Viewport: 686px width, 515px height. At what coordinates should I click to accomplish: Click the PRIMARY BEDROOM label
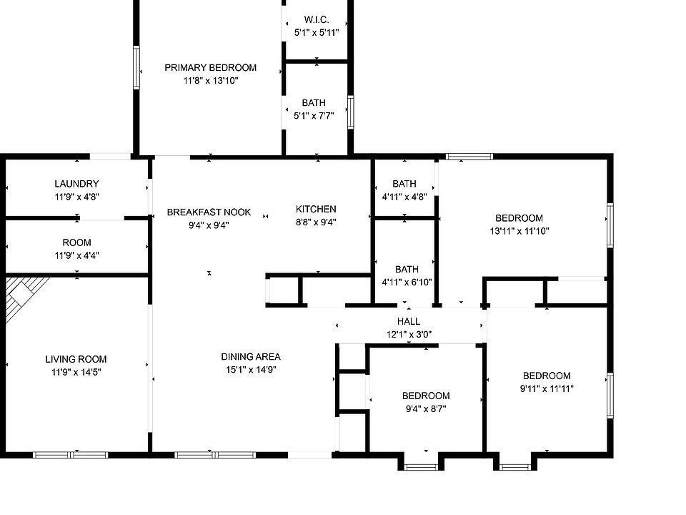click(x=210, y=68)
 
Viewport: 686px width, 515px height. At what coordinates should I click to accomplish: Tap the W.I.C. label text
click(x=316, y=19)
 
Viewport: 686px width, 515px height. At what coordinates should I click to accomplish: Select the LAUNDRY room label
click(x=76, y=184)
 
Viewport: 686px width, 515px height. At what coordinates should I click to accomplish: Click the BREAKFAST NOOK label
click(x=209, y=212)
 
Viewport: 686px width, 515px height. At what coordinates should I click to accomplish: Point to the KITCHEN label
click(x=316, y=210)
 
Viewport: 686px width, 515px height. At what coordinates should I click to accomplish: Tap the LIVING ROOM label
click(x=76, y=359)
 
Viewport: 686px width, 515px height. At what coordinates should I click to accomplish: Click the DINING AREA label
click(x=250, y=357)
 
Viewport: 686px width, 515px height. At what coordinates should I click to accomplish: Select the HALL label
click(x=409, y=322)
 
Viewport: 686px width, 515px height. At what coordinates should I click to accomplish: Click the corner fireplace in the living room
click(x=24, y=295)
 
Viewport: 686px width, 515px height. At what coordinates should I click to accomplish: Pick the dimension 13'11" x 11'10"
click(x=519, y=231)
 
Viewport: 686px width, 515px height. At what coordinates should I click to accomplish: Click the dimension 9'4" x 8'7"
click(x=426, y=409)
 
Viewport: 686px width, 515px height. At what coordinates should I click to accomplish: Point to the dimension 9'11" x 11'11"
click(x=547, y=389)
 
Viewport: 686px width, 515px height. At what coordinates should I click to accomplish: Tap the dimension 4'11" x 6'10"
click(x=407, y=283)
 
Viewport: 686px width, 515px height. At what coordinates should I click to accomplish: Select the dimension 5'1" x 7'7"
click(x=314, y=116)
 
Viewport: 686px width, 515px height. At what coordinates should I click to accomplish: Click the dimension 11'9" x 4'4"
click(x=76, y=255)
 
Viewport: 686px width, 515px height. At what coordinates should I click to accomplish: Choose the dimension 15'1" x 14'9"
click(x=250, y=370)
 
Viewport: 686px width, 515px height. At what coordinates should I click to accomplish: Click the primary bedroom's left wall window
click(x=136, y=68)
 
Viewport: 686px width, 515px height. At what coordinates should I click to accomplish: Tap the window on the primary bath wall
click(x=351, y=112)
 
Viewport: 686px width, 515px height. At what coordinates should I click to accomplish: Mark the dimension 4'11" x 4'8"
click(x=404, y=197)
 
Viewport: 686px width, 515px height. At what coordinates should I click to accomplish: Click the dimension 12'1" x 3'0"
click(x=409, y=334)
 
